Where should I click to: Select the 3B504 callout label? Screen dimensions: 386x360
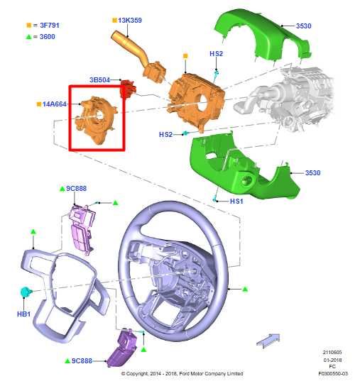[x=99, y=79]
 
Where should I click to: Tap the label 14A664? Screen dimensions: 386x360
[x=54, y=104]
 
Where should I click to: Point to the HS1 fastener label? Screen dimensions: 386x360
[x=236, y=202]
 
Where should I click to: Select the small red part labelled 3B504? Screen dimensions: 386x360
[x=128, y=89]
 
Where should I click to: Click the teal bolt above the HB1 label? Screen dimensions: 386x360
[x=26, y=292]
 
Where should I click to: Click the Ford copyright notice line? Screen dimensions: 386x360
[x=182, y=374]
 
